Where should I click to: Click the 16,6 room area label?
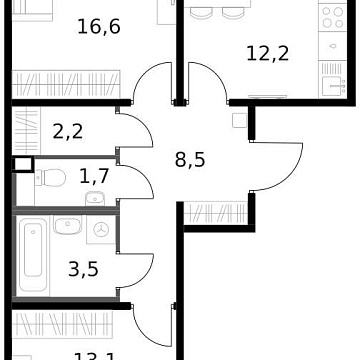click(x=98, y=26)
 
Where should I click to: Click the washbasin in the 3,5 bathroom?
click(x=66, y=225)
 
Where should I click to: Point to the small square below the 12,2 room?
click(x=239, y=120)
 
